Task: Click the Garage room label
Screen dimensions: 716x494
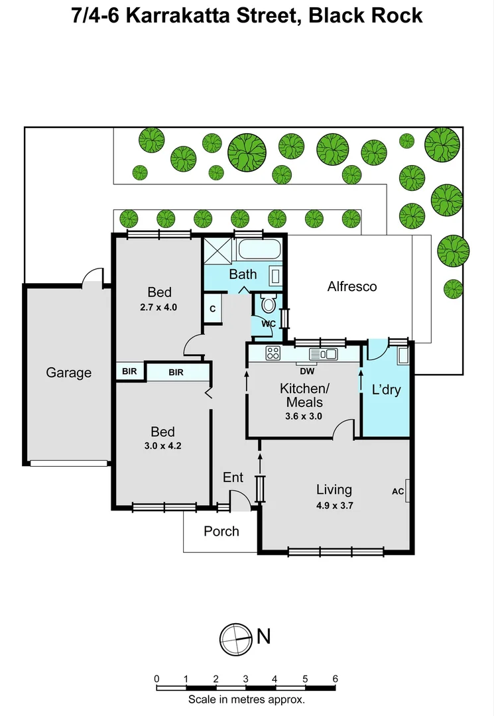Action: (x=68, y=373)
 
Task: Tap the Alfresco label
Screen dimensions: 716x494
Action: (x=352, y=286)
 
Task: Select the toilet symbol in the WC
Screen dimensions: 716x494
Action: (x=269, y=304)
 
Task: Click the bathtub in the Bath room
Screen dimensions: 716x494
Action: (x=259, y=251)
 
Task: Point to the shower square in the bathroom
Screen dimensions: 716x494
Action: (x=218, y=251)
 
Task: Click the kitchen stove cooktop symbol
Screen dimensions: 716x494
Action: (x=273, y=353)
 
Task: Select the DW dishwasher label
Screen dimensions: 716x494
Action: (x=306, y=371)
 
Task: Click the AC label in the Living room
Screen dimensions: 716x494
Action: (x=398, y=491)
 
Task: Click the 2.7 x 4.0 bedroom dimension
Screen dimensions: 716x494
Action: (x=159, y=307)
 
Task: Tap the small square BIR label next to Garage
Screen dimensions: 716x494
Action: (x=129, y=371)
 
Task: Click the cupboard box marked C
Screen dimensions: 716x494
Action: (x=213, y=309)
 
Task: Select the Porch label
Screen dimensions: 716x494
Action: (x=221, y=531)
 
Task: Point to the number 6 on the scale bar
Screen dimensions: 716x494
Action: (x=335, y=678)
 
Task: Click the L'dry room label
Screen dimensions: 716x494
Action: (x=385, y=390)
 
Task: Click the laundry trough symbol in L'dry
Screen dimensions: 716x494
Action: (x=402, y=357)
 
